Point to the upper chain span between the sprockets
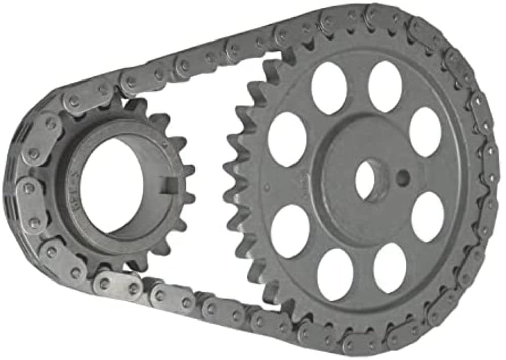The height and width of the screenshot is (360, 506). pyautogui.click(x=202, y=61)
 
